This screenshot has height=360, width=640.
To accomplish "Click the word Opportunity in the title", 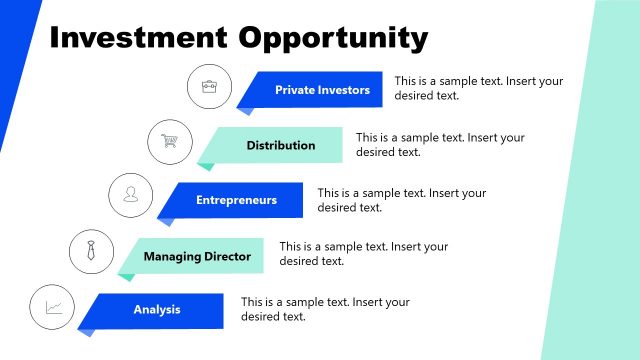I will [x=333, y=38].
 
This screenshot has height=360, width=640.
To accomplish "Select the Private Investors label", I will [x=322, y=90].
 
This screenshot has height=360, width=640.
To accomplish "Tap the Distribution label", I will [x=281, y=145].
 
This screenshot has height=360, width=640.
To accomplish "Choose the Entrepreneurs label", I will [x=236, y=200].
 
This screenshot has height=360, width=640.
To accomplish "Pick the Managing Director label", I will [x=197, y=256].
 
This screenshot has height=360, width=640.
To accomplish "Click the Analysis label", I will [x=157, y=310].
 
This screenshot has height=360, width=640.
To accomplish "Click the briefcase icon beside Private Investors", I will [x=209, y=87].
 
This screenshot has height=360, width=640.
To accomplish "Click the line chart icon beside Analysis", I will [x=53, y=307].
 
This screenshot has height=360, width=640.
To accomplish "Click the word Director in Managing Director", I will [x=228, y=256].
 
